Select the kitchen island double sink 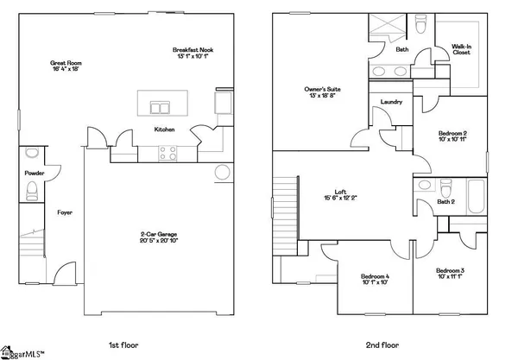(x=161, y=108)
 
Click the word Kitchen (x=164, y=129)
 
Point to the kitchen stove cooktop (x=169, y=154)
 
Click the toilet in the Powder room (x=32, y=154)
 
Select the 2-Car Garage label (x=161, y=237)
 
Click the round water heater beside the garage (x=221, y=171)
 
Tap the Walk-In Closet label (x=463, y=49)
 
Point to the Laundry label (x=391, y=102)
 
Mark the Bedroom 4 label (x=375, y=279)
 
